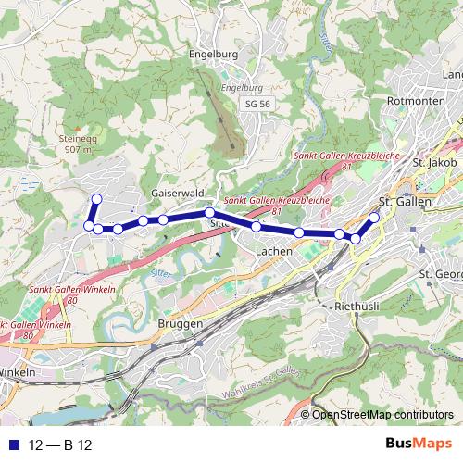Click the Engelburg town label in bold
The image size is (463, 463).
[x=214, y=54]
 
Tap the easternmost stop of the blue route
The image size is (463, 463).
[x=375, y=218]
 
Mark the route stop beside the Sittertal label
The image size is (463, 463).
[x=210, y=213]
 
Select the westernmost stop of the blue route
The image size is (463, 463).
[x=90, y=226]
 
